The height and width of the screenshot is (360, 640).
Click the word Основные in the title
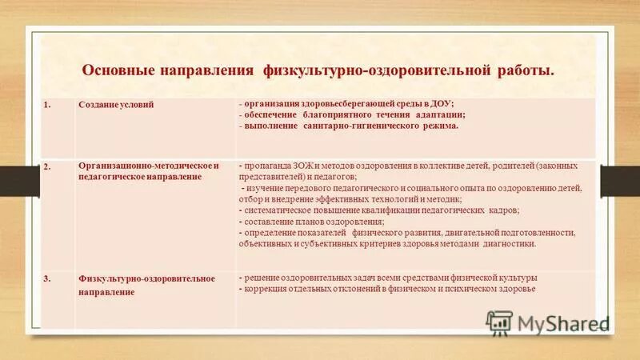click(x=116, y=71)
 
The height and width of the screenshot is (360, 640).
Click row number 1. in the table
click(x=47, y=105)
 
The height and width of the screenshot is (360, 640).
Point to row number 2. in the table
click(x=47, y=166)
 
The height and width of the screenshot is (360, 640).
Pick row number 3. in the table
click(x=47, y=278)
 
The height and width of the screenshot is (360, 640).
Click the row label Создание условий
click(x=116, y=105)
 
